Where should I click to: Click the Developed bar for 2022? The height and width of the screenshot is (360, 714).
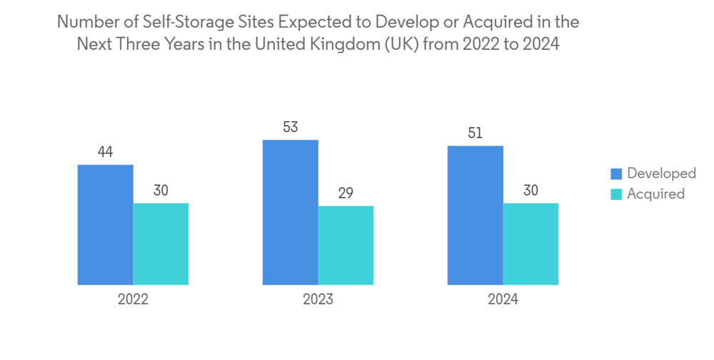[105, 225]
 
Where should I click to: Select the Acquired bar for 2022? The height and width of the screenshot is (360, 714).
[161, 244]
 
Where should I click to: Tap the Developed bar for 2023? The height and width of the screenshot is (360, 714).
[290, 212]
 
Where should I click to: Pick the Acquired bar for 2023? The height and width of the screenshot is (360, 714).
[346, 246]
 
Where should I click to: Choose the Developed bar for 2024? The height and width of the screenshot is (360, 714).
[475, 215]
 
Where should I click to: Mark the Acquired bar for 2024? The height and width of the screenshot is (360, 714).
[531, 244]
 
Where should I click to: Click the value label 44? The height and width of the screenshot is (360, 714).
[105, 152]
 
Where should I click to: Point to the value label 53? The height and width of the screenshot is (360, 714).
[290, 128]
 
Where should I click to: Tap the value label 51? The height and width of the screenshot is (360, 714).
[475, 133]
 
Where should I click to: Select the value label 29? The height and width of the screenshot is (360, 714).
[346, 194]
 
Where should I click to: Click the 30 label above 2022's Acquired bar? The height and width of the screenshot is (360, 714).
[161, 191]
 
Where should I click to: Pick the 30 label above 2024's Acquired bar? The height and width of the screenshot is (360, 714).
[531, 191]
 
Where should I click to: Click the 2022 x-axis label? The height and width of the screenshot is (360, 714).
[133, 299]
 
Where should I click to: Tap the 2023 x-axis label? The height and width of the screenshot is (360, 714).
[318, 299]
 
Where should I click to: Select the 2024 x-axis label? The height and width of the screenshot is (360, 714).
[503, 299]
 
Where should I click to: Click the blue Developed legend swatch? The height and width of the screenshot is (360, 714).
[615, 174]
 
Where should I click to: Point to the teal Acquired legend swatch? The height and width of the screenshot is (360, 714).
[615, 194]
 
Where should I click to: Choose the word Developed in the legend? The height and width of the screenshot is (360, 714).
[661, 174]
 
